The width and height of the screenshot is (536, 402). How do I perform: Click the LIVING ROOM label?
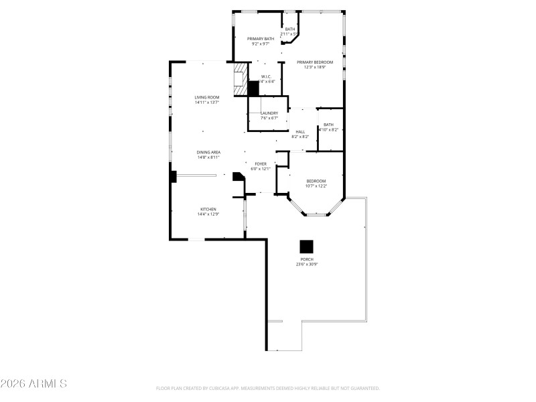[x=207, y=98]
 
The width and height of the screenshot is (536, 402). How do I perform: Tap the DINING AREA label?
[x=208, y=152]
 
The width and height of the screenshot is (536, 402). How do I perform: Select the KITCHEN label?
[x=208, y=209]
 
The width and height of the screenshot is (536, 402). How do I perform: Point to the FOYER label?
[x=261, y=163]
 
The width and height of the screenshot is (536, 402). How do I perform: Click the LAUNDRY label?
[x=269, y=113]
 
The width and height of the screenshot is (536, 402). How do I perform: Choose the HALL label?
[x=300, y=131]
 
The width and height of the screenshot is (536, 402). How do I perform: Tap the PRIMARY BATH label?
[x=261, y=39]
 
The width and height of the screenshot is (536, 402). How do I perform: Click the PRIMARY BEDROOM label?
[x=315, y=62]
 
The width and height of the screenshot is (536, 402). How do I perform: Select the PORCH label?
[x=307, y=259]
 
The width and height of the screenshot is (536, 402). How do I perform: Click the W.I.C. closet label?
[x=266, y=76]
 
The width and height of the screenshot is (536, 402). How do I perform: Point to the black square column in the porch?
[x=306, y=246]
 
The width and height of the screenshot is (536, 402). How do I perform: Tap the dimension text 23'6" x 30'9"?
[x=307, y=265]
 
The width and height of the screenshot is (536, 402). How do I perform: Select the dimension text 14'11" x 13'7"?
[x=207, y=103]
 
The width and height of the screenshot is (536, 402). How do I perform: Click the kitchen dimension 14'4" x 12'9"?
[x=208, y=214]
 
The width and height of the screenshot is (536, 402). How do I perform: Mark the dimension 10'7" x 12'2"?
[x=316, y=186]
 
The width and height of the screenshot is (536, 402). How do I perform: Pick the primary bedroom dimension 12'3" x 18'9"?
[x=315, y=67]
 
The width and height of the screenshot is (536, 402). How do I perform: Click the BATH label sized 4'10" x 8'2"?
[x=328, y=125]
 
